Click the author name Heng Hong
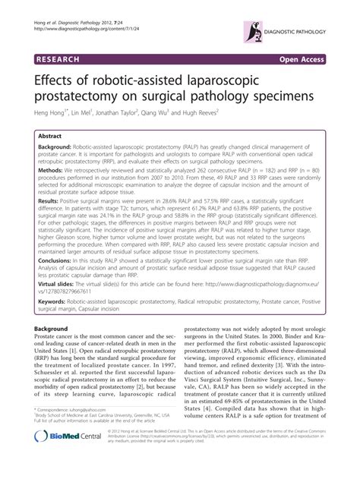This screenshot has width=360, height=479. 46,112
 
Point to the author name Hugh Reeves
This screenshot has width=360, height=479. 199,112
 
